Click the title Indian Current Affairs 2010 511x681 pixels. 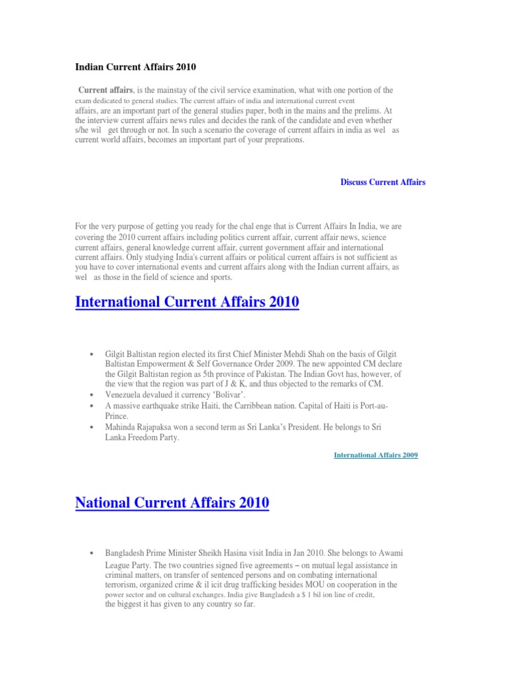tap(136, 67)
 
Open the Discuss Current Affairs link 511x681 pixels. tap(383, 182)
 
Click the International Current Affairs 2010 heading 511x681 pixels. tap(187, 303)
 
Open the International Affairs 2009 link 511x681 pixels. tap(375, 455)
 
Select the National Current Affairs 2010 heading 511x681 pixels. tap(172, 503)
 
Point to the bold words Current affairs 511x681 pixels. tap(106, 90)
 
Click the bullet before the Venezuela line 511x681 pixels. tap(90, 394)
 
